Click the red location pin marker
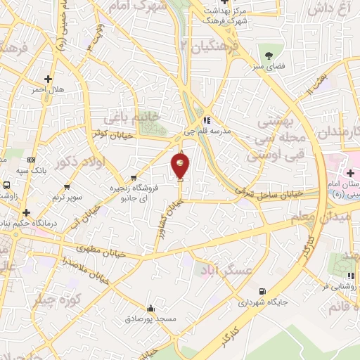181,166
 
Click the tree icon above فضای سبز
269,56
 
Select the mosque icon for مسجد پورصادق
151,308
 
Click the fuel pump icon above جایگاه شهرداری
262,291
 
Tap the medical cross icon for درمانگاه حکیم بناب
27,212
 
